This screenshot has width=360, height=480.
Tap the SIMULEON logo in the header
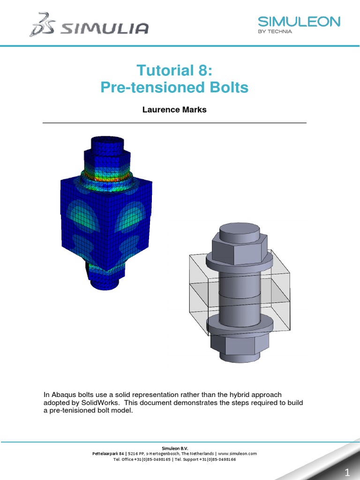click(x=299, y=22)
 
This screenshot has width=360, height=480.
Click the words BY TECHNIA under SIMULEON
click(x=276, y=32)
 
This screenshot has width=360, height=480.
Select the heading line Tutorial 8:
click(x=174, y=70)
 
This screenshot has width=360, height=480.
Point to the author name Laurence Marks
click(x=174, y=110)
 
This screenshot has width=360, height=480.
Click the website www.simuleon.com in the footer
click(x=237, y=454)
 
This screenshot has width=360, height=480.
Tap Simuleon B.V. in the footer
click(x=174, y=448)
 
